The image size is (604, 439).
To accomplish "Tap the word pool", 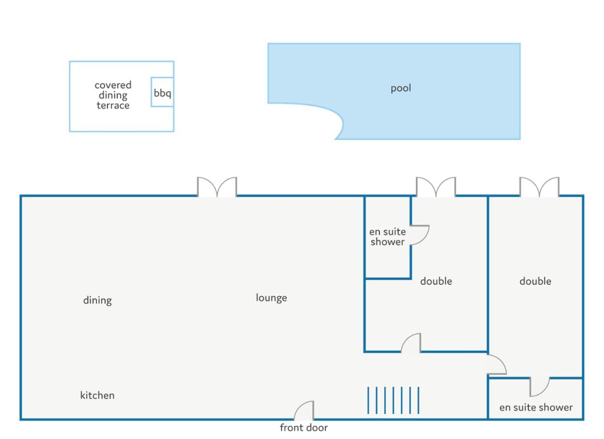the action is (x=401, y=88).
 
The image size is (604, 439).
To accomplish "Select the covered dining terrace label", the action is (x=113, y=95).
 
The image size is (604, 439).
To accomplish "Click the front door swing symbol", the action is (x=304, y=411).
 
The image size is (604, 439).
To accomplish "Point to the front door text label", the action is (x=304, y=428).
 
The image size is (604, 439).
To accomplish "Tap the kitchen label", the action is (x=97, y=395).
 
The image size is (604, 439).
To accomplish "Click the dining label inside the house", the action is (x=97, y=301).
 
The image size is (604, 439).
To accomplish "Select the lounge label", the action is (x=271, y=298).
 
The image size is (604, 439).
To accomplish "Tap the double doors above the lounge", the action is (x=217, y=187).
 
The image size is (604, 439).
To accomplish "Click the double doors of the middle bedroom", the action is (x=436, y=187).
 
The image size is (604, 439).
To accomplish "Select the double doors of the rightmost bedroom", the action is (x=539, y=187).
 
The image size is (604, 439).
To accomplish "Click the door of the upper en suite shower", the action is (x=420, y=235).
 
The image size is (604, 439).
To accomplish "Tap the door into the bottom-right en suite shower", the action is (x=539, y=387).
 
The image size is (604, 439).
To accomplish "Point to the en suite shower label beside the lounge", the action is (x=388, y=237).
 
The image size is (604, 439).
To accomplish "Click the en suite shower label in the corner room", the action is (x=536, y=408).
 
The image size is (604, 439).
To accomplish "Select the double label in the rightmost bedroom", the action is (x=535, y=281).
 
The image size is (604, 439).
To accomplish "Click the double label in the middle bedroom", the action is (x=436, y=281).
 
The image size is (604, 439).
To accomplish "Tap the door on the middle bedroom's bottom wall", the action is (x=411, y=343).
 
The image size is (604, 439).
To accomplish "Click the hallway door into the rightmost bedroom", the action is (x=497, y=365).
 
